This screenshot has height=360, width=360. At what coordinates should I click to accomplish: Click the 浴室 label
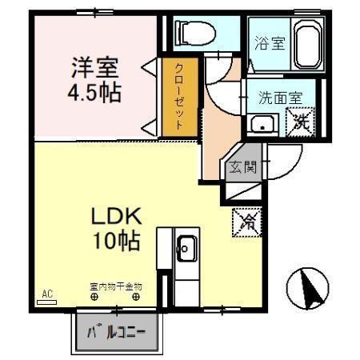tap(270, 42)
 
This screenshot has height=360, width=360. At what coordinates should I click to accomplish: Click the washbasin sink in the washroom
tap(262, 124)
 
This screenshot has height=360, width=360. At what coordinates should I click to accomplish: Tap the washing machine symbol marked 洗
tap(301, 122)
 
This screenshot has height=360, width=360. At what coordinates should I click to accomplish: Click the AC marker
tap(46, 294)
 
